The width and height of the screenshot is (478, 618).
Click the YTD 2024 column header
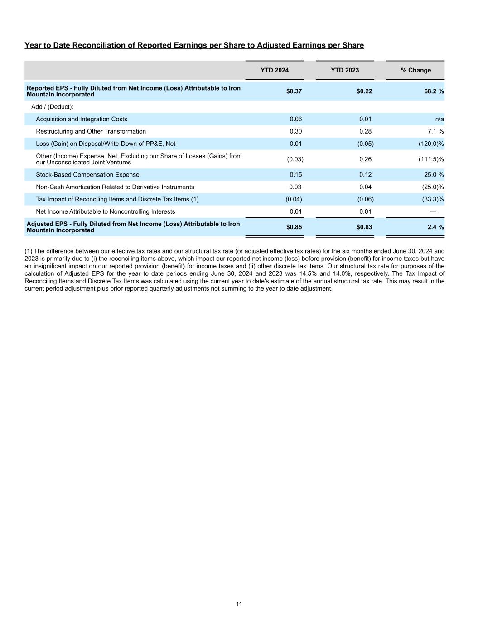(x=275, y=70)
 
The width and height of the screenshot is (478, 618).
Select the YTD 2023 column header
(x=345, y=70)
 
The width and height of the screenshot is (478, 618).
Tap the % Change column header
(x=415, y=70)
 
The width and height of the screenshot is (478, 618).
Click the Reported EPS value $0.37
(x=294, y=91)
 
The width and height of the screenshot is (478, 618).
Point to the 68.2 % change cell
(x=434, y=91)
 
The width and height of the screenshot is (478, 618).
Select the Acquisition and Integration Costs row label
(x=82, y=119)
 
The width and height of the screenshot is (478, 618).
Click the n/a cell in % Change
(x=439, y=119)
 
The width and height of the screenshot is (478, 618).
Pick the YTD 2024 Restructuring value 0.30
(x=295, y=131)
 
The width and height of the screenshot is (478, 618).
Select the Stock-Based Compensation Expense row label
(x=87, y=175)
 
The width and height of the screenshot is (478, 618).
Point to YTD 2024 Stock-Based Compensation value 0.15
(x=295, y=175)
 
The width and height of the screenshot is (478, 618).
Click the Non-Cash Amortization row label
(x=115, y=187)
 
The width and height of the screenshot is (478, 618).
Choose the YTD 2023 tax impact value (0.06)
(x=365, y=199)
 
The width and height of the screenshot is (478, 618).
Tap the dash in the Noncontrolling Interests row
(x=433, y=211)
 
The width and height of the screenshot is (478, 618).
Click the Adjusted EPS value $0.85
(x=294, y=227)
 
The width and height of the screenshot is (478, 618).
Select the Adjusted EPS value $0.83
(x=364, y=227)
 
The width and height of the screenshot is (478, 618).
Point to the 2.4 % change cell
(x=435, y=227)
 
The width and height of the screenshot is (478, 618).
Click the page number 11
(x=239, y=604)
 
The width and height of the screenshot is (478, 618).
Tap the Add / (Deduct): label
(x=52, y=107)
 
